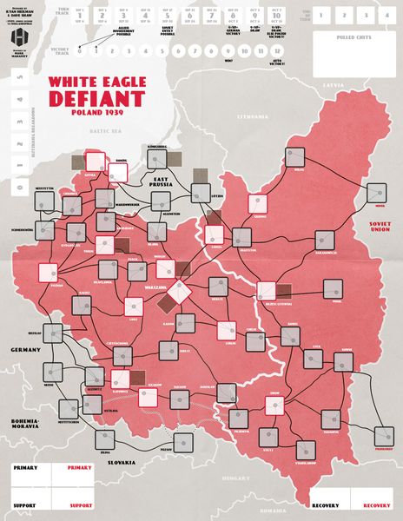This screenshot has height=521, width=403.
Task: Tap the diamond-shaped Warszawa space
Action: click(181, 290)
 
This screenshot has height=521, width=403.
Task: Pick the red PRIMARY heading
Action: click(80, 467)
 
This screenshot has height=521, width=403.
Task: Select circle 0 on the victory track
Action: click(80, 50)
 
